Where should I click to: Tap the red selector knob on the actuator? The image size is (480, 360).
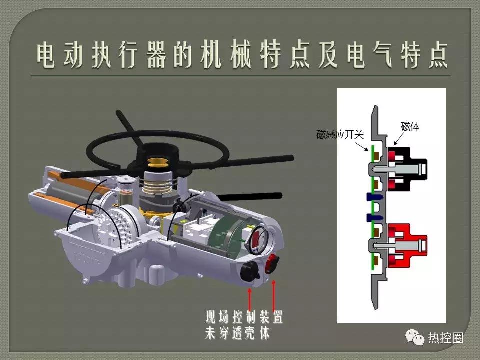[x=272, y=262]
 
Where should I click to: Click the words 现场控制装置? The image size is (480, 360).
[x=244, y=317]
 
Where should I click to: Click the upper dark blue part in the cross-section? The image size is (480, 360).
[x=372, y=196]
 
